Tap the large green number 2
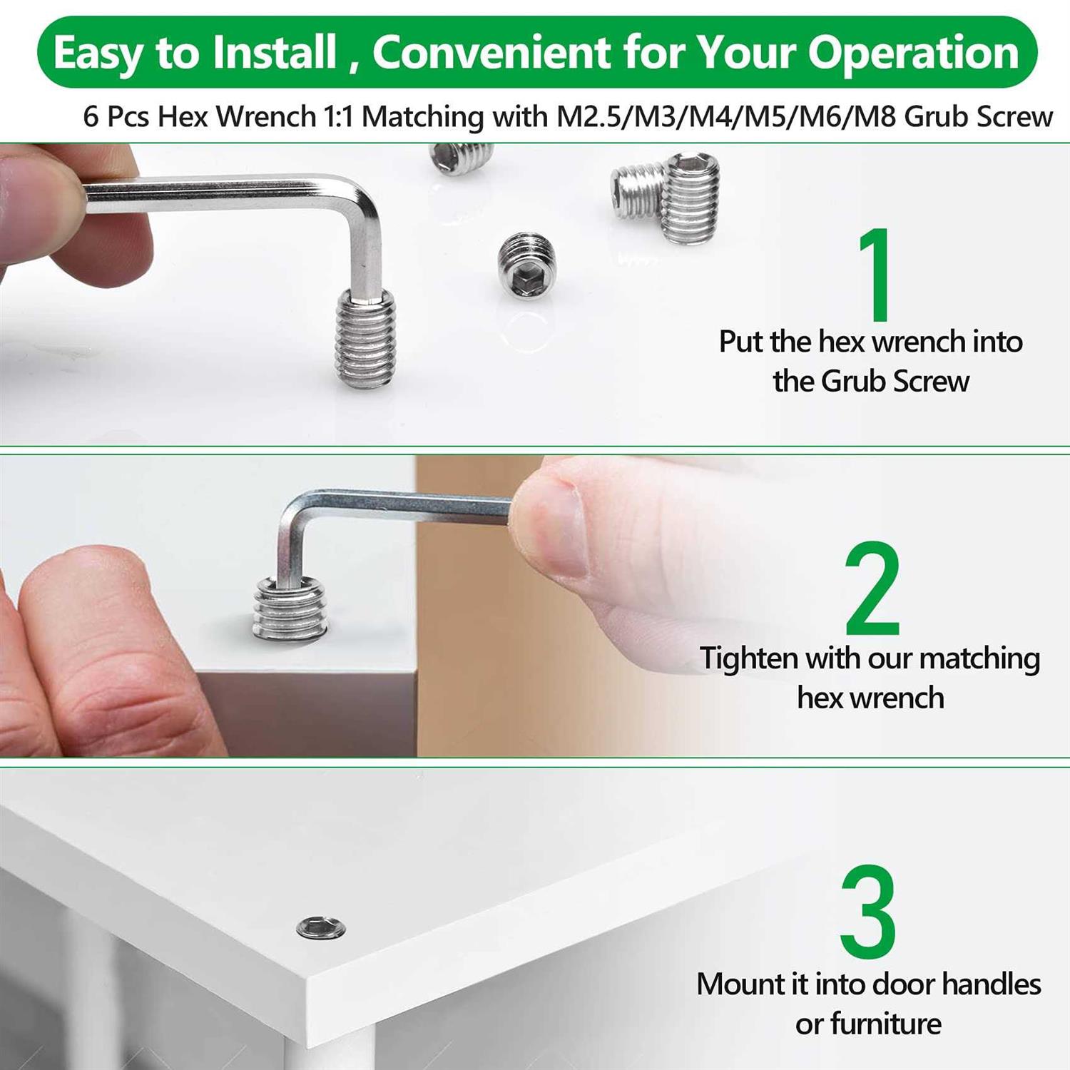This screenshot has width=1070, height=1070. [x=872, y=588]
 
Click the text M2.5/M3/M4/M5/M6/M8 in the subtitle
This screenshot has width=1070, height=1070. [x=726, y=116]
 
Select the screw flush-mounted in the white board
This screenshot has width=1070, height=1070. [x=321, y=927]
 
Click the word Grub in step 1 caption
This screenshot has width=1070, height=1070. [x=852, y=382]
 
